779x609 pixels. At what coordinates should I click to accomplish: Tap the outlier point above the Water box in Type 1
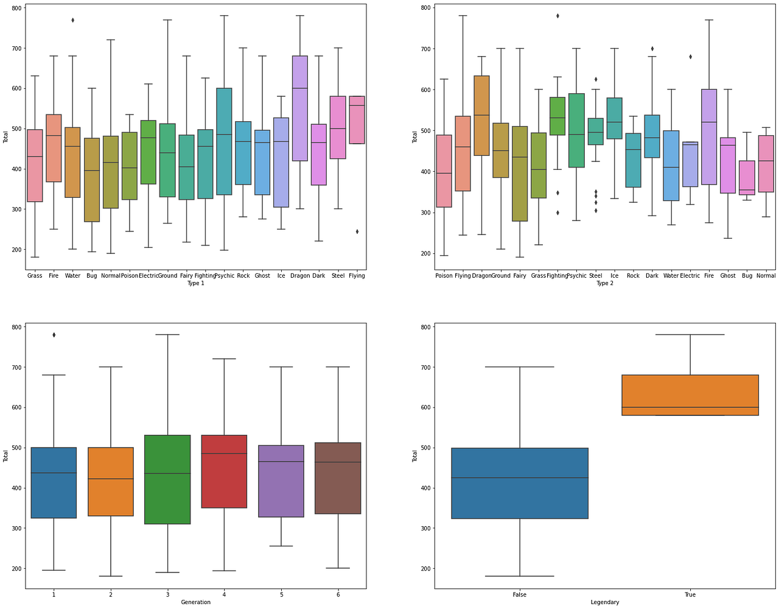click(x=72, y=20)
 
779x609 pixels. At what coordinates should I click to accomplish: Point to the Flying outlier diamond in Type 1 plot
click(x=357, y=231)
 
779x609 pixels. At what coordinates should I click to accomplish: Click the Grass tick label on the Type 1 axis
click(x=35, y=276)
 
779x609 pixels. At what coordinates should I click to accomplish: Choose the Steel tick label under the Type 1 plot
click(x=338, y=276)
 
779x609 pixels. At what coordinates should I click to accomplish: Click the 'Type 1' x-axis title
click(x=195, y=283)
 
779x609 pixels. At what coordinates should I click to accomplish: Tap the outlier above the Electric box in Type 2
click(x=690, y=57)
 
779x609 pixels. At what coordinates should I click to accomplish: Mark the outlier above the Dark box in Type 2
click(x=652, y=49)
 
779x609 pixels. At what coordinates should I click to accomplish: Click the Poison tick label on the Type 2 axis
click(x=444, y=276)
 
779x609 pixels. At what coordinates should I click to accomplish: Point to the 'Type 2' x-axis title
click(x=604, y=283)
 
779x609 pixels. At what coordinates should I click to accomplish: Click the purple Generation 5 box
click(x=281, y=481)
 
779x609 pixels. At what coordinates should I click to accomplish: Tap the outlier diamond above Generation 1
click(x=54, y=335)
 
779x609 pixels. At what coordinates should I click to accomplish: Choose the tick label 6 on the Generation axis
click(x=338, y=595)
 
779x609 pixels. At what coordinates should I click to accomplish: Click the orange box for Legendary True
click(x=690, y=395)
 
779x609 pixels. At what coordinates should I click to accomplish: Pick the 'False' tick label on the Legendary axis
click(x=520, y=595)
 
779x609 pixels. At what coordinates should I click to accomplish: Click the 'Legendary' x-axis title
click(x=604, y=602)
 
